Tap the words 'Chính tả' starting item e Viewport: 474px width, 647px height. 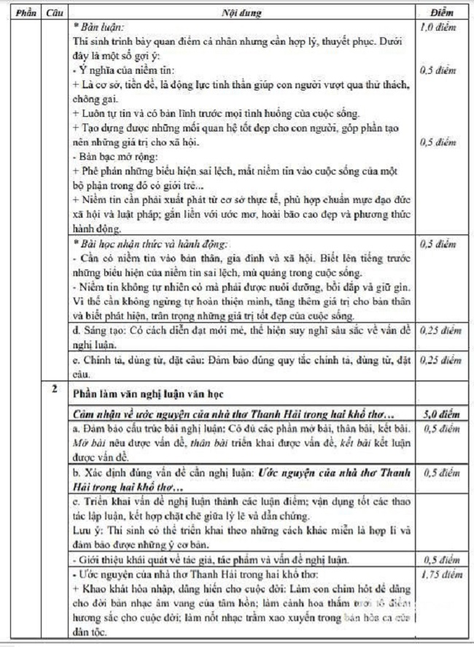tap(104, 359)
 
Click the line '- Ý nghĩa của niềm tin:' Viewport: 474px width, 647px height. tap(117, 70)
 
